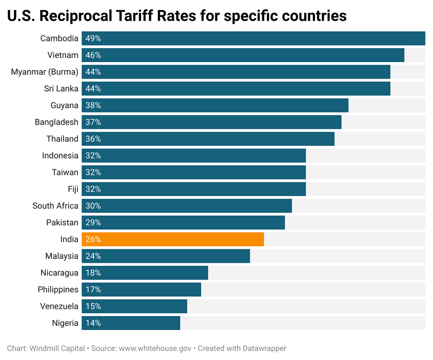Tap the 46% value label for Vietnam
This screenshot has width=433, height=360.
(x=93, y=55)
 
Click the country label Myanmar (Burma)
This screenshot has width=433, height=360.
(x=44, y=72)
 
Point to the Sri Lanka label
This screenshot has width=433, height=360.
(x=61, y=89)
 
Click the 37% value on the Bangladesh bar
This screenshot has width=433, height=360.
(x=93, y=122)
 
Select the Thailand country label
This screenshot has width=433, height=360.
(x=62, y=139)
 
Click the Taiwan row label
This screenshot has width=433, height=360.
(x=65, y=172)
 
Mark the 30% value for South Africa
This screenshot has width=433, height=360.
(x=93, y=206)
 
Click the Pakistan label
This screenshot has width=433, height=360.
(x=62, y=223)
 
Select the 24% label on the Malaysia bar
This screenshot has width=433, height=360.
(x=93, y=256)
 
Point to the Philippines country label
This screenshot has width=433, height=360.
(x=58, y=289)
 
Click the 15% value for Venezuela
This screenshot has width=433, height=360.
(x=93, y=306)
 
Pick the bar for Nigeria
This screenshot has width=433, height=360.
(x=131, y=323)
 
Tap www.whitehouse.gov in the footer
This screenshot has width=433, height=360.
(x=155, y=349)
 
